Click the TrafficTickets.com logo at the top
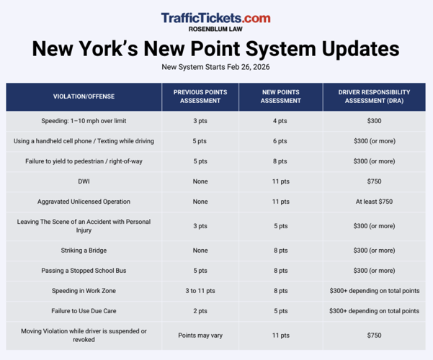click(215, 17)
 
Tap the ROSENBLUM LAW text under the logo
click(216, 30)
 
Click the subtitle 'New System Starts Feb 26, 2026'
click(216, 67)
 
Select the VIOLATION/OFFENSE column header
click(84, 96)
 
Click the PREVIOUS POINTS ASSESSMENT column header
click(200, 96)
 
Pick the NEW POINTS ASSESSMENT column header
click(281, 96)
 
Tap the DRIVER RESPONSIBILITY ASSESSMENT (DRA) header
click(374, 96)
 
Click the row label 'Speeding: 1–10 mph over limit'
click(84, 121)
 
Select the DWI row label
click(84, 181)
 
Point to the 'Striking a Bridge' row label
click(84, 251)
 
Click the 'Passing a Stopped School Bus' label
click(84, 271)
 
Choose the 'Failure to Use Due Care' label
click(84, 311)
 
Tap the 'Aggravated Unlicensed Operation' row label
click(84, 202)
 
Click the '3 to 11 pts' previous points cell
click(200, 291)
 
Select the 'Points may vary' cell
click(200, 336)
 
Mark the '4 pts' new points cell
click(281, 121)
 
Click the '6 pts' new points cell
click(281, 141)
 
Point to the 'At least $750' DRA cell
click(374, 202)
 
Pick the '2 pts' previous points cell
click(200, 311)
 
